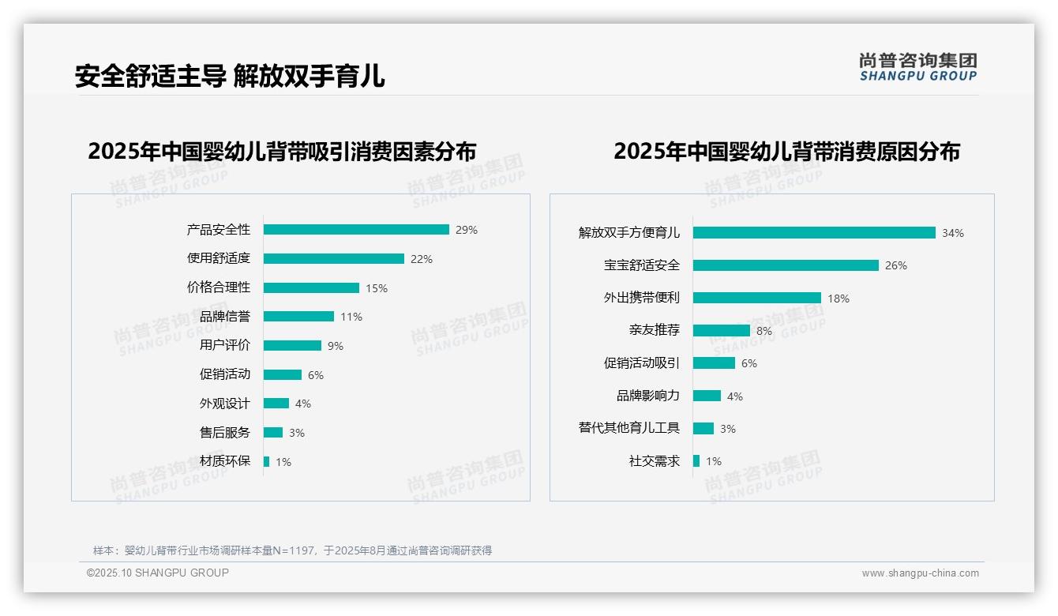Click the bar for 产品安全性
pos(356,230)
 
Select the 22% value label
pos(421,259)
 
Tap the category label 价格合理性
pos(219,288)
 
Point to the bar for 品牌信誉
pos(298,317)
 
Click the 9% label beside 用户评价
pos(336,346)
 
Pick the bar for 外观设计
pos(276,404)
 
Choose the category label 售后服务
pos(225,433)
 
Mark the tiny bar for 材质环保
pos(266,461)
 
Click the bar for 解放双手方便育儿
pos(814,233)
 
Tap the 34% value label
pos(952,233)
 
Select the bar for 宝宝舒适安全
pos(786,265)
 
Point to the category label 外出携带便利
pos(642,298)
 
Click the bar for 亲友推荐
pos(722,331)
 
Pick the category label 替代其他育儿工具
pos(629,428)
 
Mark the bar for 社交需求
pos(696,461)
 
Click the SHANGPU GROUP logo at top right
pos(918,66)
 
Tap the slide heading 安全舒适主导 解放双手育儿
pos(230,77)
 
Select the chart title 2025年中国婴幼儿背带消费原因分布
pos(786,152)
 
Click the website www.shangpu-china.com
pos(920,573)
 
